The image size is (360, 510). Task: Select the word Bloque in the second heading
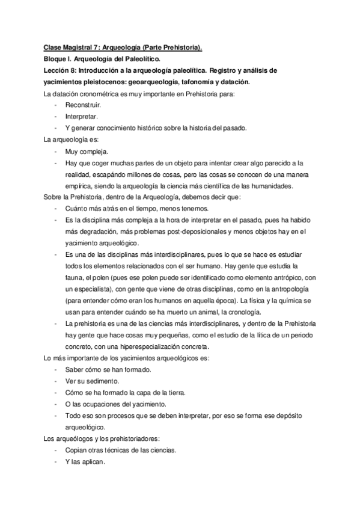click(x=57, y=58)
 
